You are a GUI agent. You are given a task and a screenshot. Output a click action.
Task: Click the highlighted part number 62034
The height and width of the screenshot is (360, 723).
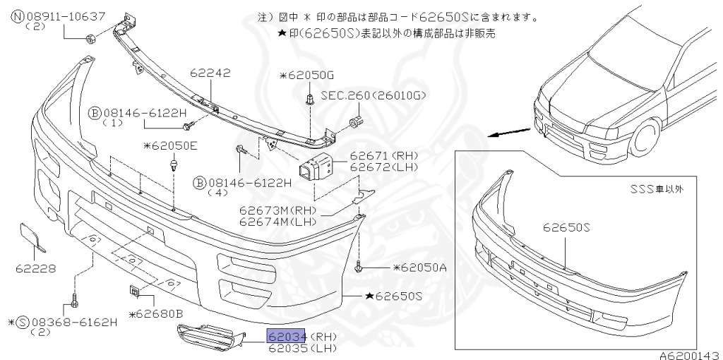286,337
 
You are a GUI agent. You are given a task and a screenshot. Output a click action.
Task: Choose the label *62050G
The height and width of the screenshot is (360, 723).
306,75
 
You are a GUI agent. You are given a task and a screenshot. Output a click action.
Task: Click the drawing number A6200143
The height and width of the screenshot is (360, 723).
690,355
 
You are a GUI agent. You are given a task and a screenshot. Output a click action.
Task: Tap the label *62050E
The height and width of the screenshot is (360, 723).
170,146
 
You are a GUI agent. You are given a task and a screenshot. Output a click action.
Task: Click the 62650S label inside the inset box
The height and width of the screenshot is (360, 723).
566,228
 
